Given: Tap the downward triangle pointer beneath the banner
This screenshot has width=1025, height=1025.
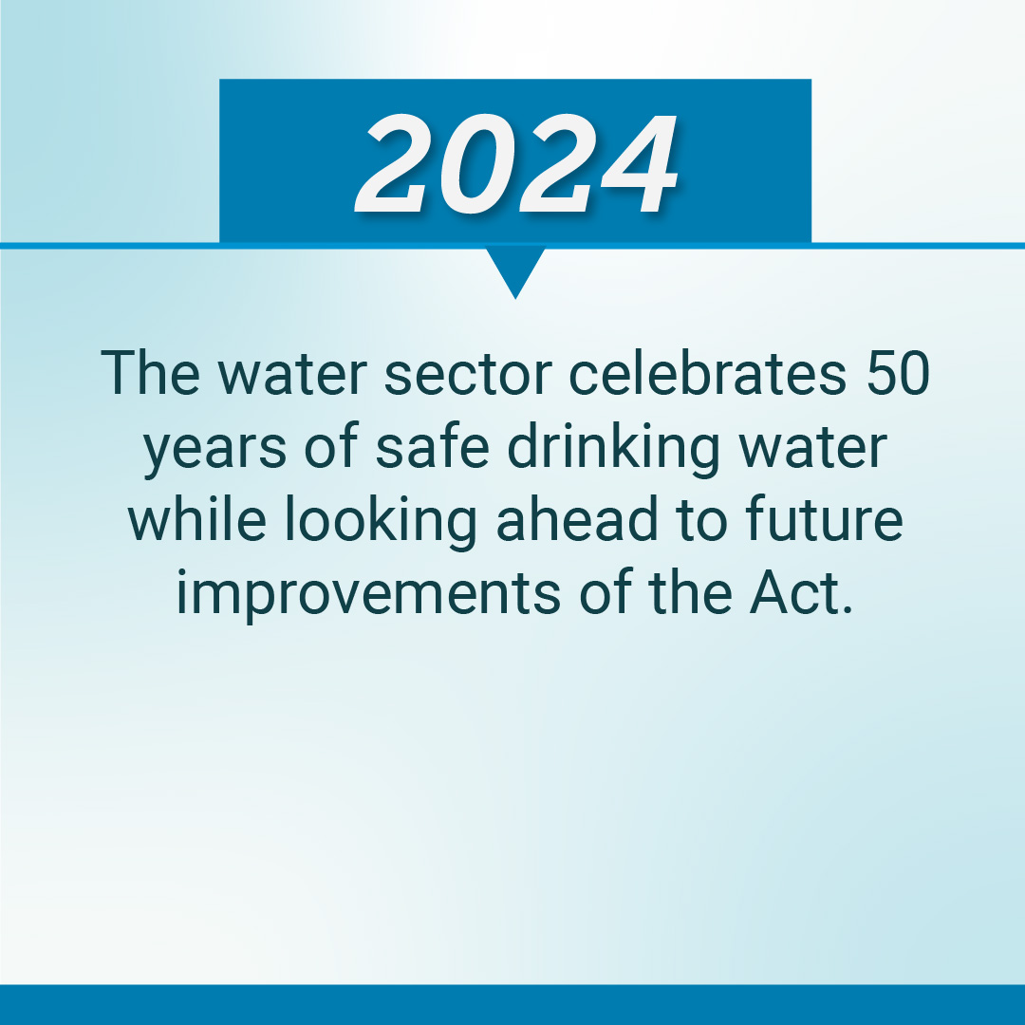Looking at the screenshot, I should pos(515,269).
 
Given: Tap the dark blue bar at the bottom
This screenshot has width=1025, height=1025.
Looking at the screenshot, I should pos(512,1004).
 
